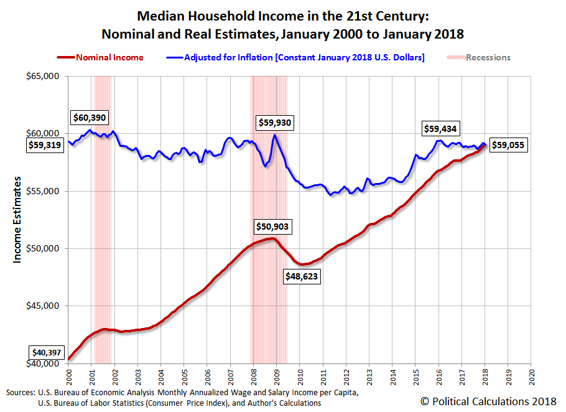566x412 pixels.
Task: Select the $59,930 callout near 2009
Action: [x=274, y=123]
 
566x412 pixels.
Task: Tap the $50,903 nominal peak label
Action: [x=272, y=227]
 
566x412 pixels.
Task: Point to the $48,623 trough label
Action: [x=302, y=277]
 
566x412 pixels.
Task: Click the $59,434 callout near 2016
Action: [x=440, y=129]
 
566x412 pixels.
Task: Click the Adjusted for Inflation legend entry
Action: [x=296, y=57]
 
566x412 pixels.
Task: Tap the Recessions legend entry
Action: [x=479, y=57]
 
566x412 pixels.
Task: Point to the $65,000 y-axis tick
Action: [x=44, y=76]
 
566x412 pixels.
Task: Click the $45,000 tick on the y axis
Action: [x=44, y=306]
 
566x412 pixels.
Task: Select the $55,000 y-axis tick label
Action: [x=44, y=191]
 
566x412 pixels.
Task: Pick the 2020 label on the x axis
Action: [x=532, y=377]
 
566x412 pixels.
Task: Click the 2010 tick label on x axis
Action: [x=300, y=377]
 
